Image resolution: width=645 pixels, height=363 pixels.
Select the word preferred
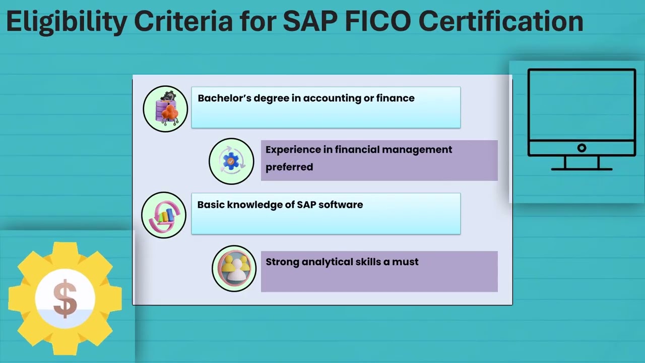(289, 167)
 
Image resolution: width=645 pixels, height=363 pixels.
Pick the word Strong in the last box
(282, 262)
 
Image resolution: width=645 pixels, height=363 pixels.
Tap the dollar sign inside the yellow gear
(65, 299)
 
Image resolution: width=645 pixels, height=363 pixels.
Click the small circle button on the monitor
(582, 148)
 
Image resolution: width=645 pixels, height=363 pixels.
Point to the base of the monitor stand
(582, 169)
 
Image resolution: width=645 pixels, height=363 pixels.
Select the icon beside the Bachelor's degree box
(165, 109)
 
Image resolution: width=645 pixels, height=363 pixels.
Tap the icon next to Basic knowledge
(164, 215)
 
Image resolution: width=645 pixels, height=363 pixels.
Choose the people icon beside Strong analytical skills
(234, 268)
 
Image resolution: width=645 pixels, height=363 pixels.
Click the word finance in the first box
(396, 98)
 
